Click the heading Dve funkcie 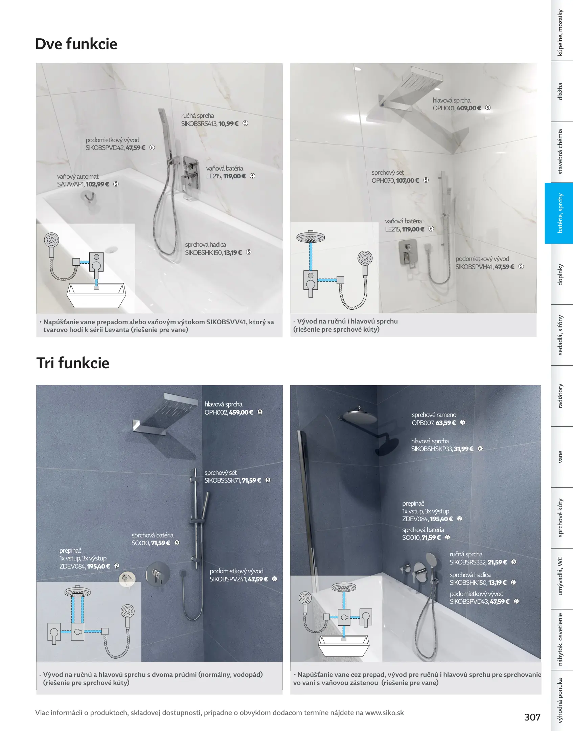(76, 44)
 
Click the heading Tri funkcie (73, 363)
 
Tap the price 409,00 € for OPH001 (469, 108)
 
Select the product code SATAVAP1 (71, 184)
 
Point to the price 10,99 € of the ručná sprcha (228, 124)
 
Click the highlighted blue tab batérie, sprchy (560, 213)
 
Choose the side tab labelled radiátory (560, 396)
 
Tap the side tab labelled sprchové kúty (560, 518)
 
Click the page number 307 (532, 717)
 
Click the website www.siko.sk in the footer (385, 713)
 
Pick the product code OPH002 (216, 413)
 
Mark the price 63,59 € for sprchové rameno (446, 423)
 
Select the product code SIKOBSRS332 (468, 562)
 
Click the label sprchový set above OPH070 (388, 173)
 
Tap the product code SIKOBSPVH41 (474, 267)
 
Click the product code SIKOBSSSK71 (223, 481)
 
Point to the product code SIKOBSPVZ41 (228, 579)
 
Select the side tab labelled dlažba (560, 91)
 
